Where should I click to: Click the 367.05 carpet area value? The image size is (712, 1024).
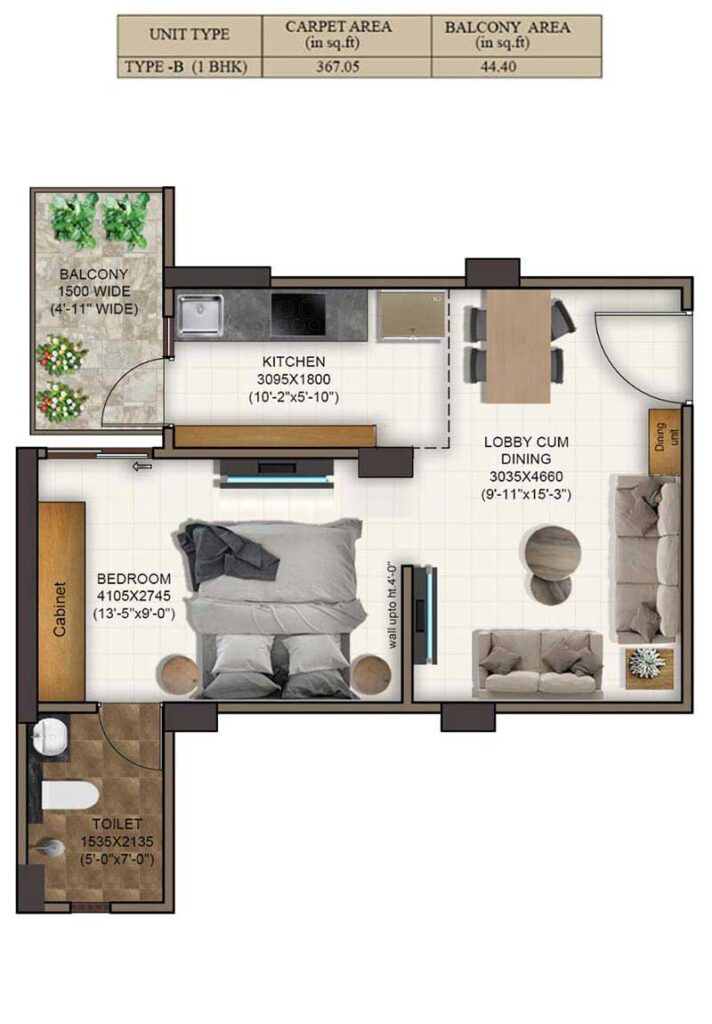(338, 67)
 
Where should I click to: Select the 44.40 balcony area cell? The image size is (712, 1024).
(498, 67)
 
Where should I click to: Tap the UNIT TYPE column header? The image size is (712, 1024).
(189, 34)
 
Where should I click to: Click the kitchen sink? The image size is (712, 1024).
(201, 315)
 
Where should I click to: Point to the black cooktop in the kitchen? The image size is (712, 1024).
(298, 313)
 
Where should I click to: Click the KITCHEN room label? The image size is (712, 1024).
(293, 362)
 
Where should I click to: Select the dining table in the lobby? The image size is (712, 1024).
(519, 345)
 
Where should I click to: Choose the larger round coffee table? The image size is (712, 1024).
(553, 552)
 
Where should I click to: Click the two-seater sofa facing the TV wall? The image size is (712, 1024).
(539, 663)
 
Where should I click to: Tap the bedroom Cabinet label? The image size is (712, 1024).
(60, 609)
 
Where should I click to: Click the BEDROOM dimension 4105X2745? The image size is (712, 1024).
(134, 596)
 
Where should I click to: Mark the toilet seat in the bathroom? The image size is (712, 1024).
(69, 796)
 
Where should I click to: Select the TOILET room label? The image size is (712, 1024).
(117, 825)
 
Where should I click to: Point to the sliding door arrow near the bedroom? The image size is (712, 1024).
(141, 466)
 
